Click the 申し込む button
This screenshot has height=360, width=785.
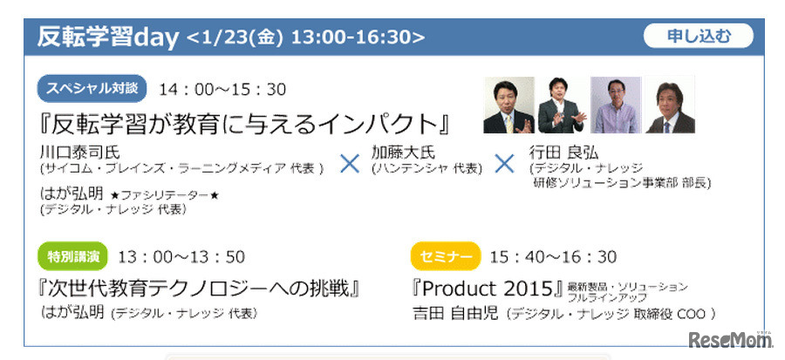click(x=698, y=36)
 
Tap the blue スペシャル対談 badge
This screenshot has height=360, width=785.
click(x=92, y=89)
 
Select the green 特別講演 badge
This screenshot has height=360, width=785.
click(x=73, y=256)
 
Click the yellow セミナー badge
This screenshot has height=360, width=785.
click(x=446, y=256)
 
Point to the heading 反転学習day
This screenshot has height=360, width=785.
click(x=107, y=37)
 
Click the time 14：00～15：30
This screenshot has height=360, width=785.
click(x=222, y=90)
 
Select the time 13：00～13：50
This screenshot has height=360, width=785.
click(x=181, y=257)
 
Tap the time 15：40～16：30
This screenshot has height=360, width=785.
click(x=553, y=257)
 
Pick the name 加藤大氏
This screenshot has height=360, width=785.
click(x=404, y=152)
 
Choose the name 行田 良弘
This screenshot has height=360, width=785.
click(x=563, y=152)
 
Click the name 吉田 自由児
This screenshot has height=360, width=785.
click(x=455, y=314)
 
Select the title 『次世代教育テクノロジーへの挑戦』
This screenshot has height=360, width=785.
click(x=200, y=289)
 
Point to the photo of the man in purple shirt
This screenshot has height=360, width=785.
click(x=616, y=105)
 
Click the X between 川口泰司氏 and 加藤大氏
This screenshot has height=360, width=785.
click(x=350, y=164)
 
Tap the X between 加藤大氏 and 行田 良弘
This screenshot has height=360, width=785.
click(x=504, y=164)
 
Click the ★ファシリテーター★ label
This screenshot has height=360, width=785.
click(x=165, y=195)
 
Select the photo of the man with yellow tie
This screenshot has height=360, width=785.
click(x=509, y=105)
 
